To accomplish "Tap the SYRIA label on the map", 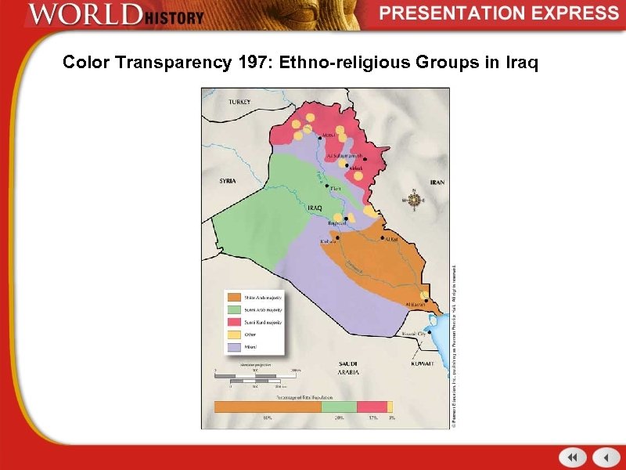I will pos(227,181).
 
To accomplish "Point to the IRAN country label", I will pos(437,183).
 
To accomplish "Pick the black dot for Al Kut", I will pos(382,237).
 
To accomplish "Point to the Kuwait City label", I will pos(415,334).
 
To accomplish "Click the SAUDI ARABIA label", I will pos(348,368).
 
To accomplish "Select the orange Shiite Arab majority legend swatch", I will pos(233,298).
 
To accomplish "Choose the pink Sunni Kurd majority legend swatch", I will pos(233,322).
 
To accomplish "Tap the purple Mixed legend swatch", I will pos(233,346).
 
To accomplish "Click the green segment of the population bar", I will pos(339,407).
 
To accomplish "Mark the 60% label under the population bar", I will pos(268,418).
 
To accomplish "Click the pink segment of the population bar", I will pos(372,407).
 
